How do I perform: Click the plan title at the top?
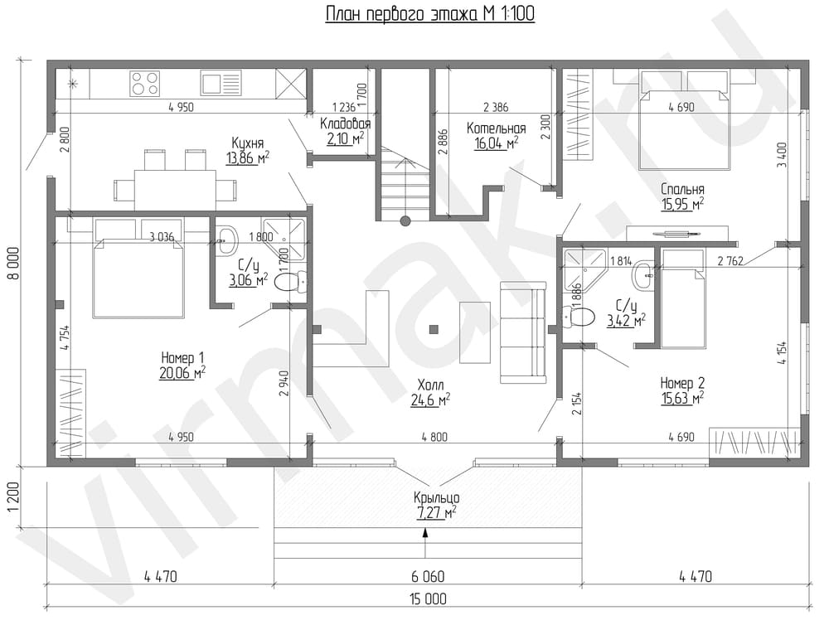point(429,14)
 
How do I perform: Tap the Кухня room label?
point(247,143)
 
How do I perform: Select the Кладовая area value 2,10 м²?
point(345,139)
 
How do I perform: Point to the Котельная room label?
point(496,128)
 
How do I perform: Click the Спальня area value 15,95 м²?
point(682,204)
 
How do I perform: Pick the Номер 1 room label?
point(182,358)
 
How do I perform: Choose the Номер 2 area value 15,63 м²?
point(682,398)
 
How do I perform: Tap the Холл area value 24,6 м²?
point(430,400)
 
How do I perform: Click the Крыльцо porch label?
point(436,497)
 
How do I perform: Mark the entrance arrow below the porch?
point(425,543)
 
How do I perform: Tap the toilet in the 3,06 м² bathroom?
point(291,281)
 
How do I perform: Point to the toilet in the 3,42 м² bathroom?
point(579,317)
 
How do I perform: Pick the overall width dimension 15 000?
point(428,598)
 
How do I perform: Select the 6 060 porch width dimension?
point(428,575)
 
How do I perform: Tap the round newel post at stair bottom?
point(405,221)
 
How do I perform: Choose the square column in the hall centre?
point(434,329)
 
